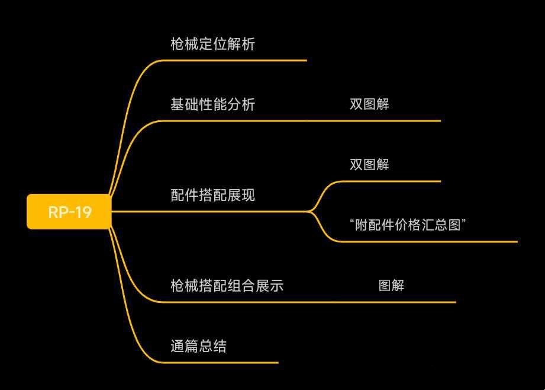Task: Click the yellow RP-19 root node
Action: click(x=69, y=212)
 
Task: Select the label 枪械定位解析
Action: click(x=212, y=44)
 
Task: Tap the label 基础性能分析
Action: click(x=212, y=105)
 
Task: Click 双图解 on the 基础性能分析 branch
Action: click(x=369, y=105)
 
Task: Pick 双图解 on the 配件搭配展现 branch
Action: click(x=369, y=165)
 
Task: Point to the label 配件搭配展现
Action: click(x=212, y=196)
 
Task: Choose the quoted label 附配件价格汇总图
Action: click(x=409, y=225)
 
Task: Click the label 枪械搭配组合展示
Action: click(x=227, y=286)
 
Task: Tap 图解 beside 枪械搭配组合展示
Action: click(x=391, y=286)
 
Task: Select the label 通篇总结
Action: click(x=198, y=346)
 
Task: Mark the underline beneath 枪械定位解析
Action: click(x=237, y=60)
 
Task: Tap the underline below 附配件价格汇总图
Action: click(x=426, y=241)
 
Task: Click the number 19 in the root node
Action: click(x=83, y=212)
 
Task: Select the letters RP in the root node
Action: click(x=57, y=212)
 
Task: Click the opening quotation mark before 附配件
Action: click(x=352, y=222)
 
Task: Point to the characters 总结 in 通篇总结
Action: click(x=212, y=346)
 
